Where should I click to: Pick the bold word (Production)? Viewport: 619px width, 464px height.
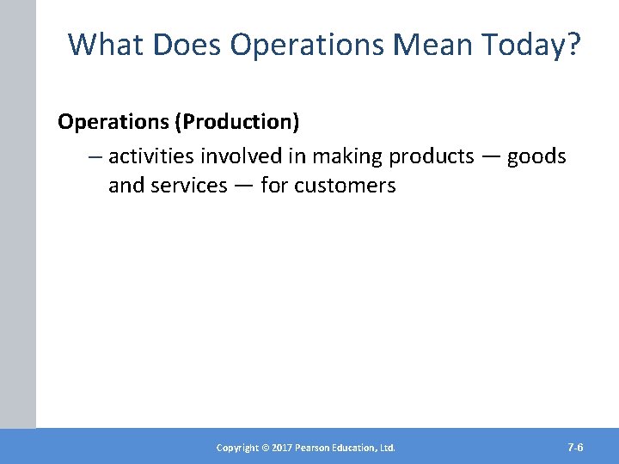pyautogui.click(x=237, y=122)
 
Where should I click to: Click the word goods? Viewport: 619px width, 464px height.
pyautogui.click(x=536, y=156)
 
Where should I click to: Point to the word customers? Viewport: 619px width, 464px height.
pyautogui.click(x=345, y=186)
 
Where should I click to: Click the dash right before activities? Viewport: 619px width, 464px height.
pyautogui.click(x=95, y=157)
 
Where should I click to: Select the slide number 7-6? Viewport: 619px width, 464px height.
pyautogui.click(x=576, y=448)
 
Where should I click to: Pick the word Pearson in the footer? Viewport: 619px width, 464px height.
pyautogui.click(x=316, y=448)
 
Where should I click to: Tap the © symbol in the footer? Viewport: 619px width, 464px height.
pyautogui.click(x=267, y=448)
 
